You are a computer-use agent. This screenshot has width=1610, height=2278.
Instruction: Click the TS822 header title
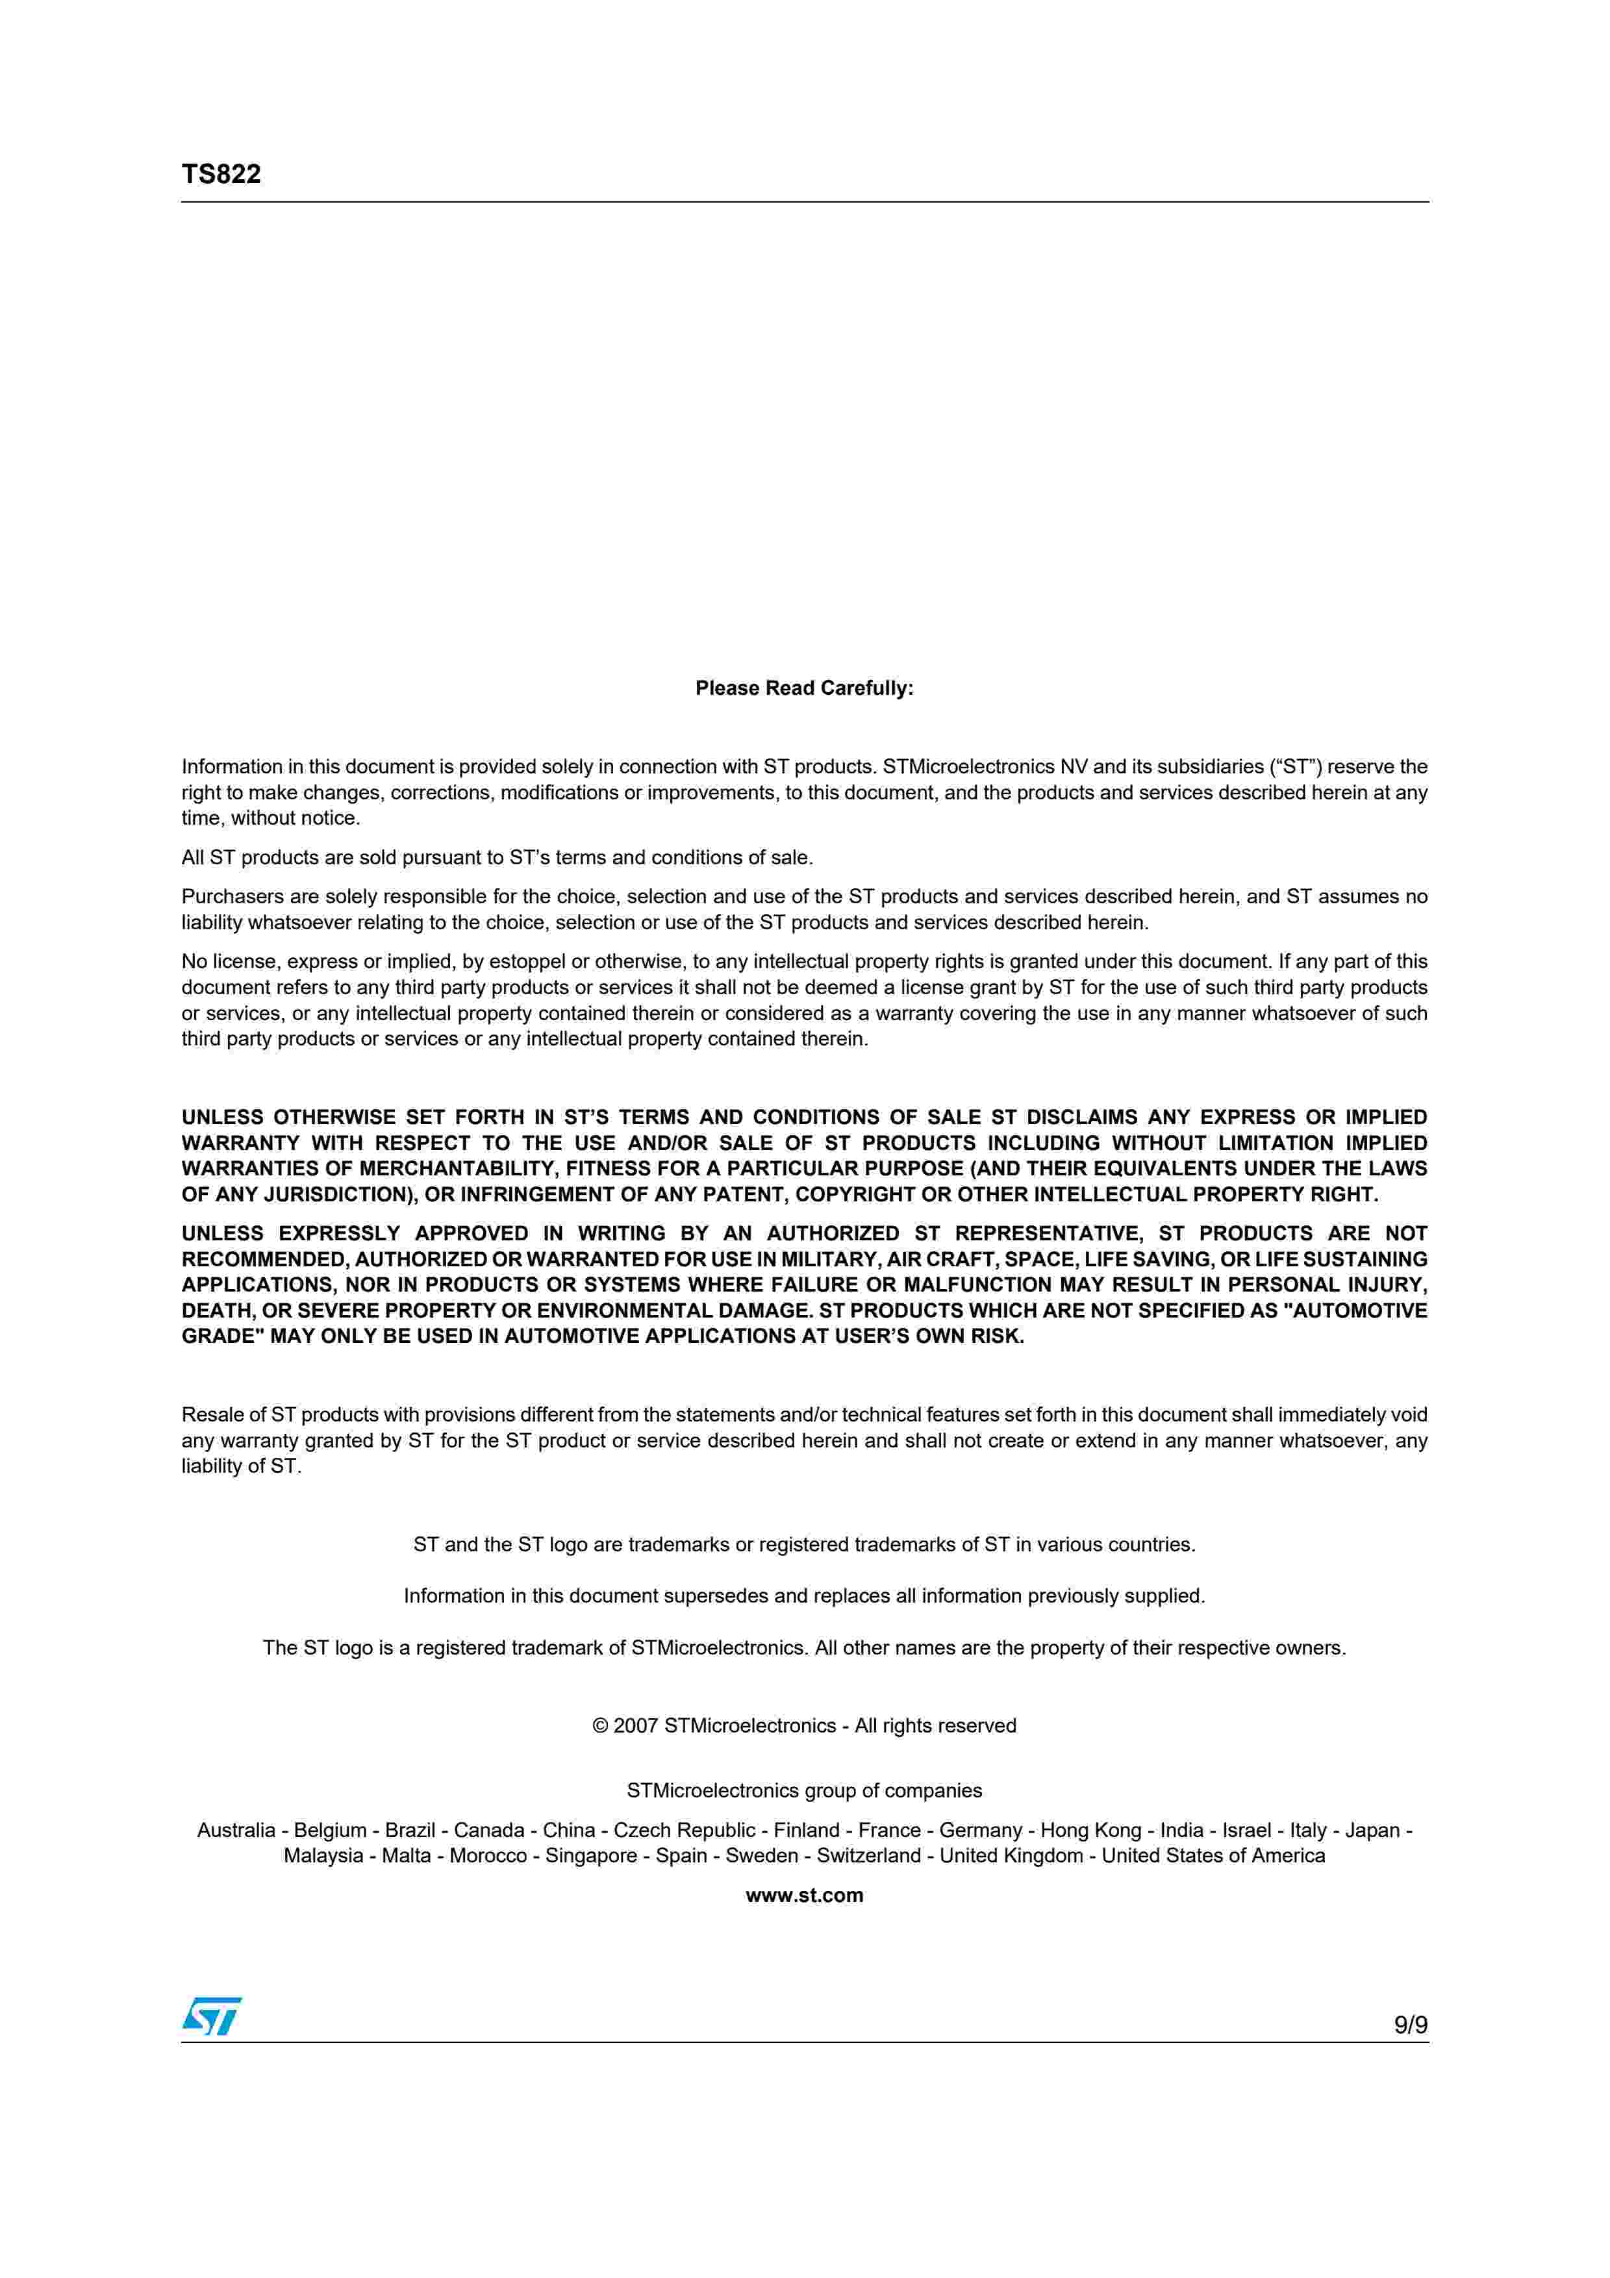[x=220, y=175]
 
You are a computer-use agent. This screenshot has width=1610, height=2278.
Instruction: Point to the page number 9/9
[x=1409, y=2025]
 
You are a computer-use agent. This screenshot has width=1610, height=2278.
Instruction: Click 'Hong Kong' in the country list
[x=1090, y=1831]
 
